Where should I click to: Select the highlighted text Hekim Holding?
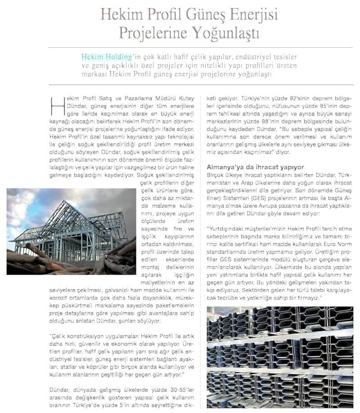click(x=107, y=57)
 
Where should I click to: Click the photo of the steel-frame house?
click(x=71, y=231)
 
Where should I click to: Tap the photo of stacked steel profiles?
click(x=279, y=356)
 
